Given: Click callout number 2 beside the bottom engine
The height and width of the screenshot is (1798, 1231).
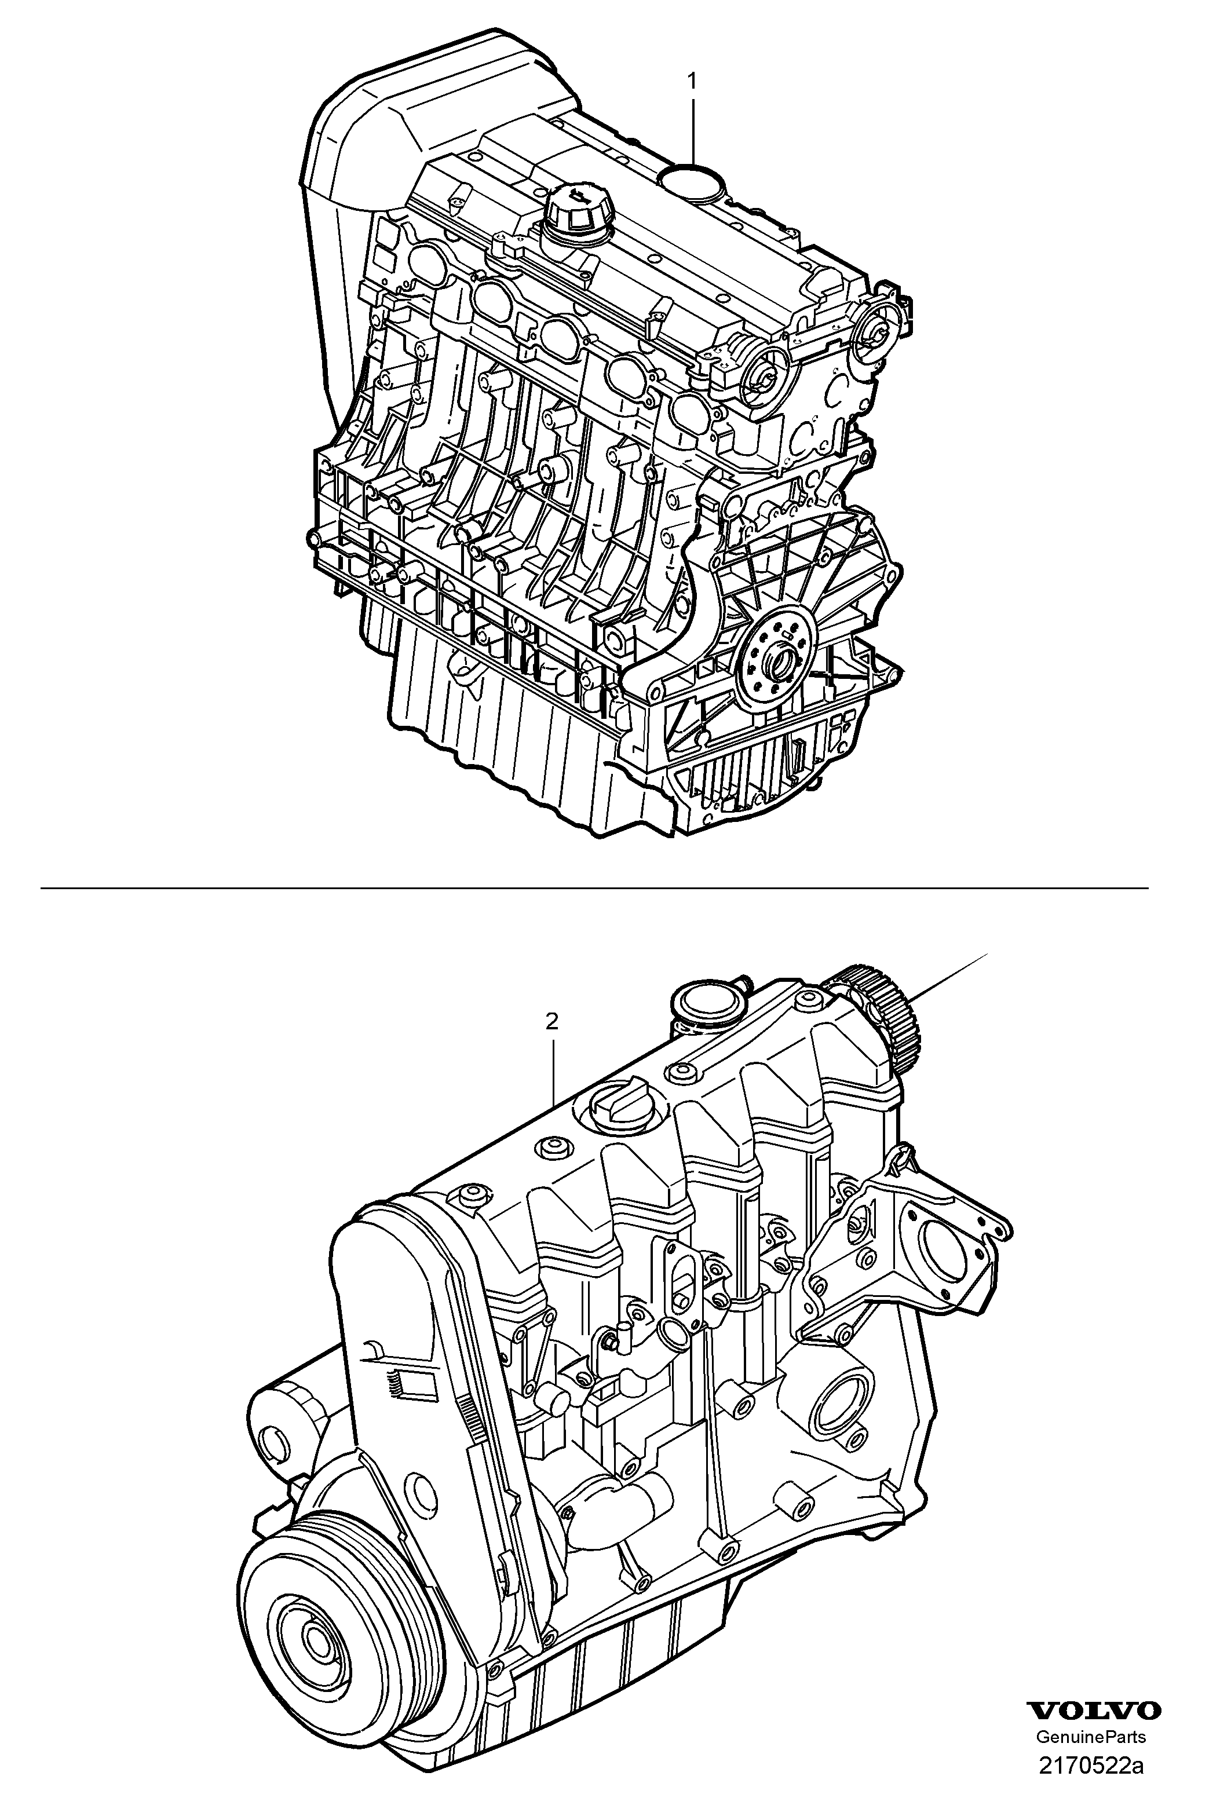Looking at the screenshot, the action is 551,1021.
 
